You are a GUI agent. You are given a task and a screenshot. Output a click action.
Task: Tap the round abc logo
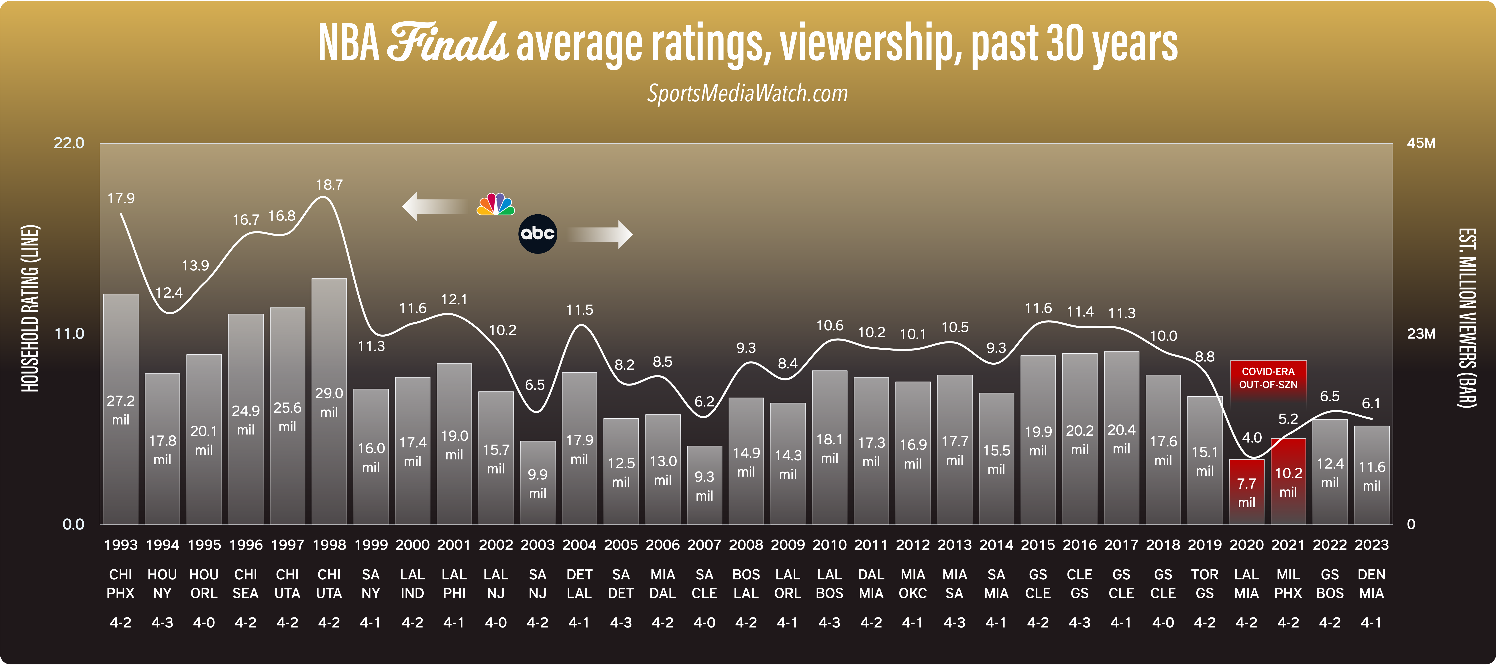pyautogui.click(x=538, y=234)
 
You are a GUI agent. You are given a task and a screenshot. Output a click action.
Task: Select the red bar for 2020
pyautogui.click(x=1246, y=492)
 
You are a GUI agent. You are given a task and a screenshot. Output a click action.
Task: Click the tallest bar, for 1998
pyautogui.click(x=329, y=401)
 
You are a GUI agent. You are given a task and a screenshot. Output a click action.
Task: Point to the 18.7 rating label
pyautogui.click(x=329, y=185)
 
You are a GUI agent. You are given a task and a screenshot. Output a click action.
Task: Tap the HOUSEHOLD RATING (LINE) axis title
pyautogui.click(x=30, y=308)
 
